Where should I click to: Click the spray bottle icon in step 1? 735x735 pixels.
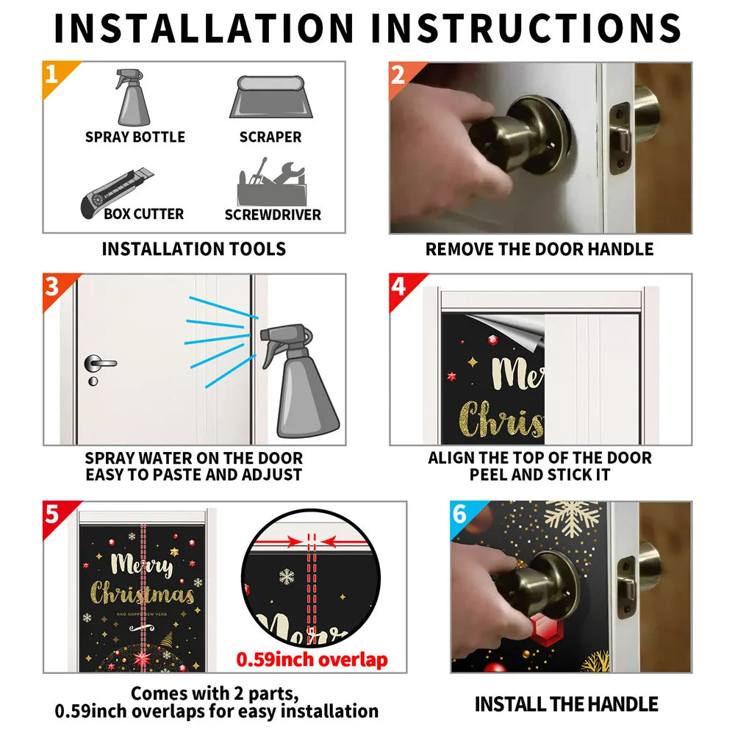pyautogui.click(x=132, y=98)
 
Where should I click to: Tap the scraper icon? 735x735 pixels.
pyautogui.click(x=271, y=97)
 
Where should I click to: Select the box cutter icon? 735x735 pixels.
pyautogui.click(x=117, y=193)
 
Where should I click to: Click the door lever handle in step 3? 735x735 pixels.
pyautogui.click(x=99, y=363)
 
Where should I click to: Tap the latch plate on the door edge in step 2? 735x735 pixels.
pyautogui.click(x=620, y=138)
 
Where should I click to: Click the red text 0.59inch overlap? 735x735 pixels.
pyautogui.click(x=312, y=659)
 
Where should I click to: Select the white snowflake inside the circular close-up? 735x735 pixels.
pyautogui.click(x=287, y=576)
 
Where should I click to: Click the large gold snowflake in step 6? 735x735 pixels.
pyautogui.click(x=572, y=517)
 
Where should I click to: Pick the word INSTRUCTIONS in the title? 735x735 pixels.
pyautogui.click(x=526, y=28)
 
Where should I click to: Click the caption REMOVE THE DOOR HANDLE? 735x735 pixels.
pyautogui.click(x=539, y=249)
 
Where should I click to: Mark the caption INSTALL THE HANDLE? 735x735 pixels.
pyautogui.click(x=566, y=704)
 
